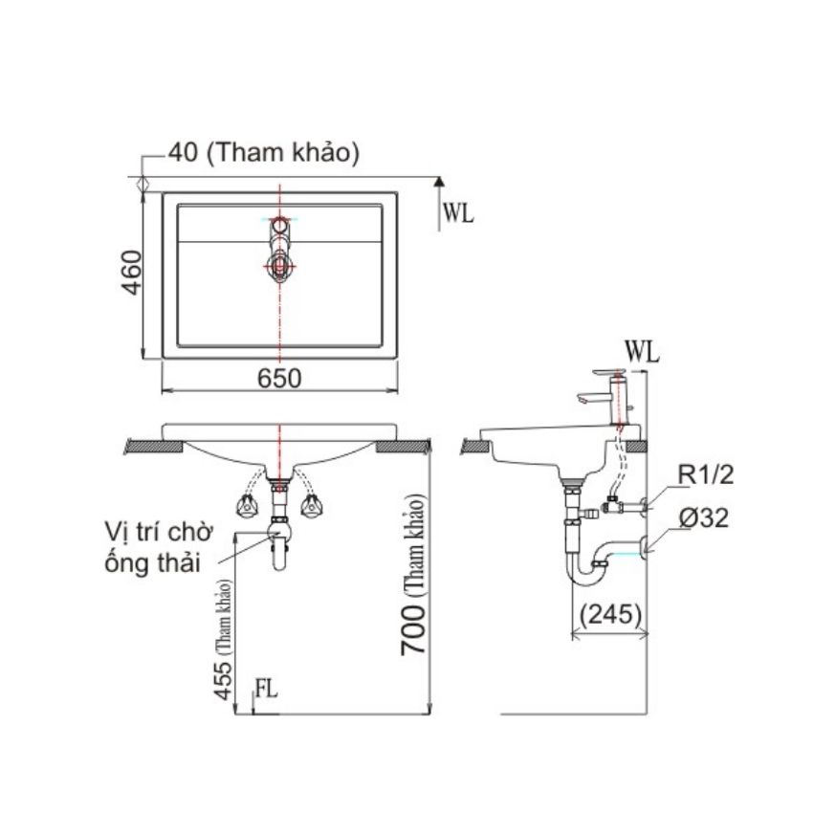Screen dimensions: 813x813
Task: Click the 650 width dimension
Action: pyautogui.click(x=279, y=379)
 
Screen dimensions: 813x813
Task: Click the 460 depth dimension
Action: pyautogui.click(x=131, y=273)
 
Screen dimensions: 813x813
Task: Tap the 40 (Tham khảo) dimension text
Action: pyautogui.click(x=263, y=153)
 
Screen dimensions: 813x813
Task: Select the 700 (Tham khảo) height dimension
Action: pyautogui.click(x=414, y=574)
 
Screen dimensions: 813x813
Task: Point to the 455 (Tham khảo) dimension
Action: pyautogui.click(x=224, y=639)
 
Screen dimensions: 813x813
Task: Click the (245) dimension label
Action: pyautogui.click(x=611, y=614)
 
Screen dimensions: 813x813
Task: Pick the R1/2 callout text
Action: pyautogui.click(x=706, y=474)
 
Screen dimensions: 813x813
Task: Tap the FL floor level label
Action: pyautogui.click(x=267, y=689)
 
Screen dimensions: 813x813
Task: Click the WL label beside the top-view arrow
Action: pyautogui.click(x=458, y=212)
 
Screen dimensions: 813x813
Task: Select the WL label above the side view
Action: pyautogui.click(x=642, y=353)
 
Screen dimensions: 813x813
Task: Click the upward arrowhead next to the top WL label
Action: pyautogui.click(x=439, y=181)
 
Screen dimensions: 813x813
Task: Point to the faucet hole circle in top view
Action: pyautogui.click(x=280, y=225)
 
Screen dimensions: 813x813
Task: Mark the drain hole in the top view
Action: pyautogui.click(x=279, y=266)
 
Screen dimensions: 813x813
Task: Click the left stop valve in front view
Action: pyautogui.click(x=248, y=505)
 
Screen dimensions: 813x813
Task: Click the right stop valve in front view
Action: pyautogui.click(x=312, y=505)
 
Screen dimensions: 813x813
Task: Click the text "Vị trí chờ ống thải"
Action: pyautogui.click(x=159, y=548)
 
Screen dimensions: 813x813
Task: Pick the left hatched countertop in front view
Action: pyautogui.click(x=154, y=447)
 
